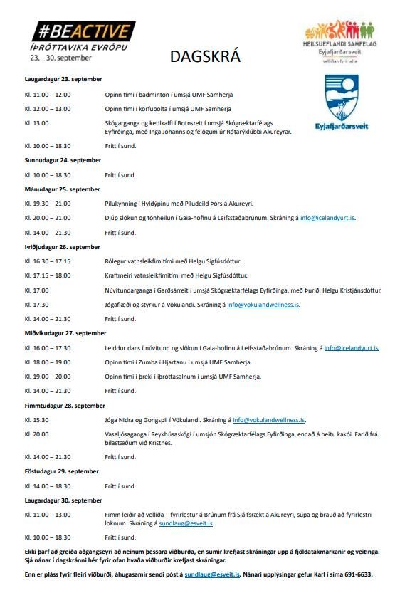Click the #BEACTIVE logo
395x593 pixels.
click(x=83, y=32)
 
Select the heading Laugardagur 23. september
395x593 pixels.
click(x=59, y=79)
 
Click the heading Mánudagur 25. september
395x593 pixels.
click(x=58, y=189)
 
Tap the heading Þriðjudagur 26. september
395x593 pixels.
click(x=58, y=247)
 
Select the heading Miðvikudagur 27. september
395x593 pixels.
click(x=60, y=333)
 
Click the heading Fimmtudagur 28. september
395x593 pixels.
click(x=60, y=406)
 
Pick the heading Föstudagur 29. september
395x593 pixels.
click(x=57, y=471)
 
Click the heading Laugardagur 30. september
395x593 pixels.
click(x=59, y=500)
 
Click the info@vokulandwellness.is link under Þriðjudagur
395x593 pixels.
click(x=263, y=305)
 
